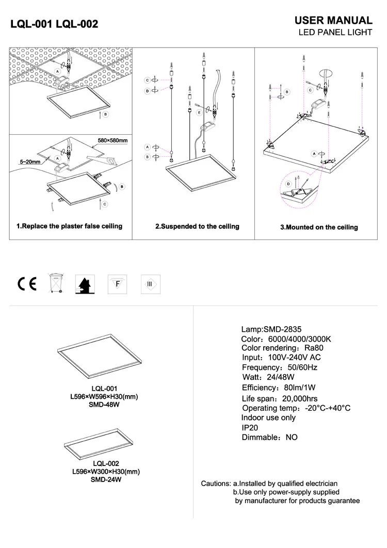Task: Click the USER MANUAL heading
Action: tap(333, 21)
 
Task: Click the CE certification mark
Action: tap(27, 284)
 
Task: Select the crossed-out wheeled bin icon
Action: tap(55, 283)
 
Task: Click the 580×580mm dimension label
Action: tap(112, 140)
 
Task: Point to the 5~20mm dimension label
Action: tap(30, 162)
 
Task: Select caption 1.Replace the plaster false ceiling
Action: tap(70, 226)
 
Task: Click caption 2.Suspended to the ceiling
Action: tap(198, 227)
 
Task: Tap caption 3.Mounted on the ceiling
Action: tap(319, 227)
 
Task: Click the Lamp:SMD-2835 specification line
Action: tap(271, 329)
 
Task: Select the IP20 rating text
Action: tap(250, 427)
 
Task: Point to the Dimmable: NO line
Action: tap(269, 437)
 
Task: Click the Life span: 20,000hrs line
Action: tap(279, 398)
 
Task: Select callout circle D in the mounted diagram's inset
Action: tap(288, 184)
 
